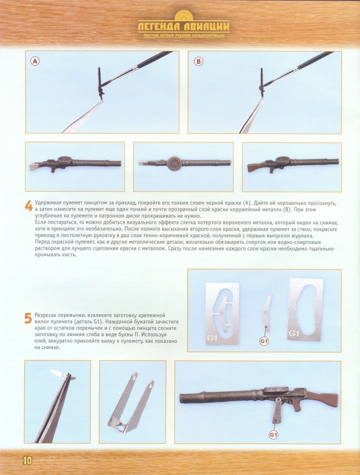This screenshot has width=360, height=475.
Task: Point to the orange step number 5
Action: (x=28, y=318)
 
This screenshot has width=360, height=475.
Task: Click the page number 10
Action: (x=28, y=460)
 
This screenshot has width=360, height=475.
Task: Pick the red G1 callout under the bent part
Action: (x=264, y=341)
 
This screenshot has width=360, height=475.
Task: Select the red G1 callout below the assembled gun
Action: (x=274, y=434)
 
